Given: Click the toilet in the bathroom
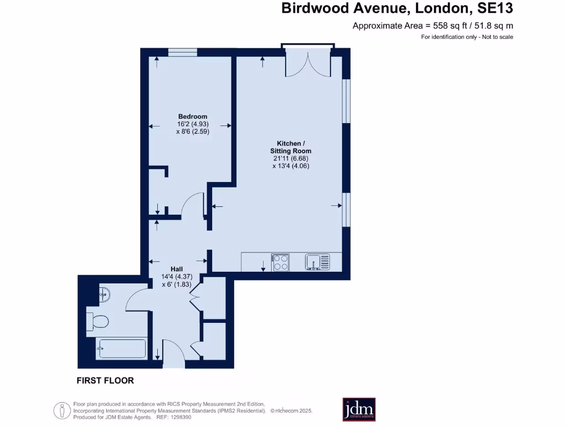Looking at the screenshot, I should (97, 320).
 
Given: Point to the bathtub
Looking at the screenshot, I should (121, 349).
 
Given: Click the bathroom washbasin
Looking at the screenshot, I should (105, 295).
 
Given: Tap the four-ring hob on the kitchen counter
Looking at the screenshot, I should (280, 262).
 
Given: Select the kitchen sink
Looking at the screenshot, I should (317, 262).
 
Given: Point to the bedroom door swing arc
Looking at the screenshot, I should (193, 203).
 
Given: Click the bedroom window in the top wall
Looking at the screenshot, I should (183, 52).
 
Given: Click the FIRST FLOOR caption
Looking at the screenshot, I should (105, 381).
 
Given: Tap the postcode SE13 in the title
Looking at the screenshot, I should (496, 8).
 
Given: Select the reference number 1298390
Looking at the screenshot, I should (179, 417).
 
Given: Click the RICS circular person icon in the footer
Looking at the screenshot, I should (61, 410).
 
